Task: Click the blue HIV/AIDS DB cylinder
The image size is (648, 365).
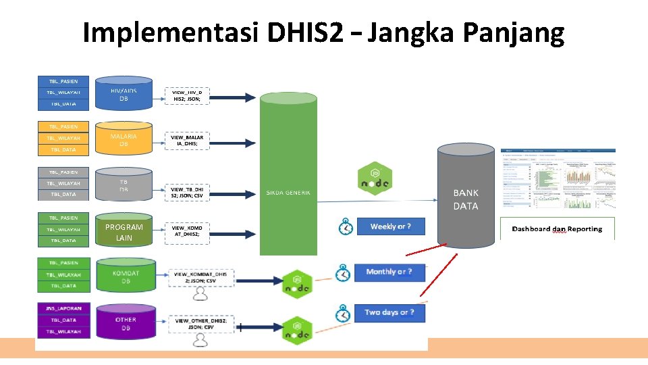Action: click(124, 95)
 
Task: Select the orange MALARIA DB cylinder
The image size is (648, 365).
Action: click(124, 139)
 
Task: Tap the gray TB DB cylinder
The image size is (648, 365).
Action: click(124, 185)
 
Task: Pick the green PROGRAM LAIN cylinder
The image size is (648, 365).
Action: click(124, 232)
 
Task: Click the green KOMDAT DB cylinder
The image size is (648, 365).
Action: click(125, 276)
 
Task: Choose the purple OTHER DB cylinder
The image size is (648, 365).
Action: click(125, 322)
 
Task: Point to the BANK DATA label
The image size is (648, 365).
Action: click(466, 199)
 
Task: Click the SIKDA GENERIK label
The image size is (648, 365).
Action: click(288, 193)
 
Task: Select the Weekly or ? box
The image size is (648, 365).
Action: click(390, 226)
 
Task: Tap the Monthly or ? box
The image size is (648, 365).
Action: click(389, 272)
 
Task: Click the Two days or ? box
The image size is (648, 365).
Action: click(389, 312)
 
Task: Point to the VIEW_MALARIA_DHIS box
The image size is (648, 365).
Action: click(187, 140)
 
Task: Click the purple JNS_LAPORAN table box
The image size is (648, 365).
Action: click(64, 308)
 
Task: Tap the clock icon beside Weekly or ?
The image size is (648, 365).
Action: click(345, 227)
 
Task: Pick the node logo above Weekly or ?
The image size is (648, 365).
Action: click(375, 179)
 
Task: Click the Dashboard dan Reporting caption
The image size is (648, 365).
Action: click(558, 229)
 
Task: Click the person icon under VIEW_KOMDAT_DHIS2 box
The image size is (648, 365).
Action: click(200, 293)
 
